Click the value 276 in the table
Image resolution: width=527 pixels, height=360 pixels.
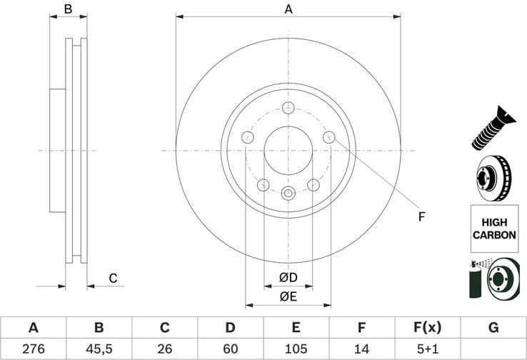[33, 349]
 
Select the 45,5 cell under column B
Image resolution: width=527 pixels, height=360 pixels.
[99, 349]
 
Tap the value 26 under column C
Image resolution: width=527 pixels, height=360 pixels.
[164, 349]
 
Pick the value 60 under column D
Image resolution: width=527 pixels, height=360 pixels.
[230, 349]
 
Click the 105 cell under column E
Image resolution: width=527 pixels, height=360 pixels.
[296, 349]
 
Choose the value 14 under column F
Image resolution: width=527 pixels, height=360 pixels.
[361, 349]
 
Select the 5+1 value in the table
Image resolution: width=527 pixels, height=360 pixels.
[427, 349]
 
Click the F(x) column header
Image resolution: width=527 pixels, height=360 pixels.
[427, 328]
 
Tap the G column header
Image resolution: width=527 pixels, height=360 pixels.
[493, 328]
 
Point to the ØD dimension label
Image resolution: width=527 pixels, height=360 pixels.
[288, 277]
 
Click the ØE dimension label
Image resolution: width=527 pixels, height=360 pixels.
[288, 296]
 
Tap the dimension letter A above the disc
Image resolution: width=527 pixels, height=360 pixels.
[288, 9]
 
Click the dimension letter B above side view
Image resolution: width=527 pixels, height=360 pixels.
[68, 9]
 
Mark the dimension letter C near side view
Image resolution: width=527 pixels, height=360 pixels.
[112, 278]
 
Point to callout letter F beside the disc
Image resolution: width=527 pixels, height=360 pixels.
[421, 216]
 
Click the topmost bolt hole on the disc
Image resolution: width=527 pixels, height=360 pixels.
[288, 108]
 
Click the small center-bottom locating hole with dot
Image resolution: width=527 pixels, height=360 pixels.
[288, 193]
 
